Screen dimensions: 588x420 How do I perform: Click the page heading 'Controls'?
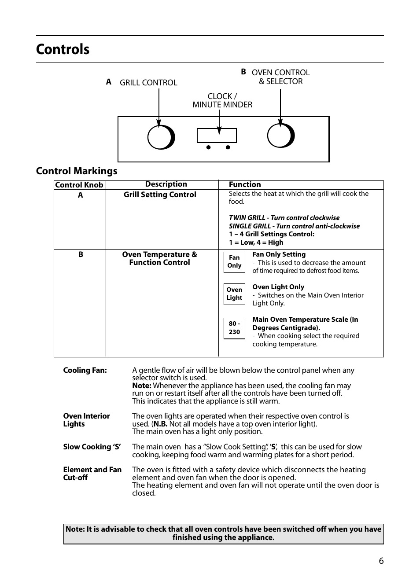[63, 49]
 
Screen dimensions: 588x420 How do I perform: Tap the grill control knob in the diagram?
[160, 137]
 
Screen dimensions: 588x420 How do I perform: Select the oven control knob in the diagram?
[280, 136]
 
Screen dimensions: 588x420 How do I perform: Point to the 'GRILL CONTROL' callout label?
[148, 83]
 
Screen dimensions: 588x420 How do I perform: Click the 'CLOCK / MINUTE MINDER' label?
[222, 100]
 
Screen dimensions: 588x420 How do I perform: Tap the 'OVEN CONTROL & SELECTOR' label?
[280, 77]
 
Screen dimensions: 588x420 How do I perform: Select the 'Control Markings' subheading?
[77, 171]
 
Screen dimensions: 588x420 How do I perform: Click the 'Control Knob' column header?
[79, 185]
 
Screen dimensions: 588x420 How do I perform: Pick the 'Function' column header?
[245, 185]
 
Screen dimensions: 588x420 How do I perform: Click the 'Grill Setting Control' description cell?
[160, 195]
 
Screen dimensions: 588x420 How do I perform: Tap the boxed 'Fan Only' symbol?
[234, 262]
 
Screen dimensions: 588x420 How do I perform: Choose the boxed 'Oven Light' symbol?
[234, 294]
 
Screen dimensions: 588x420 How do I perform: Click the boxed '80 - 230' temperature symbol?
[234, 328]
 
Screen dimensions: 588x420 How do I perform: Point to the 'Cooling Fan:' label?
[85, 371]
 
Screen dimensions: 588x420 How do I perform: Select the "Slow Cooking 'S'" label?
[92, 447]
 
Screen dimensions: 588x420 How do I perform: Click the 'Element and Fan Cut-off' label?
[92, 474]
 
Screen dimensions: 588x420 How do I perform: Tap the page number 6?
[381, 561]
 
